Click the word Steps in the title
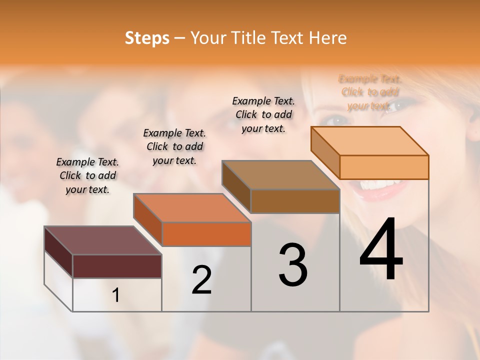(146, 38)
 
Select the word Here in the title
(328, 38)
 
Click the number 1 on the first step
(116, 295)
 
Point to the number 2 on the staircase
(201, 280)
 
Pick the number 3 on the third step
(293, 265)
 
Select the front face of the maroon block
(117, 266)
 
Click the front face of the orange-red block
(206, 234)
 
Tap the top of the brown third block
(280, 175)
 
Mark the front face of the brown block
(295, 201)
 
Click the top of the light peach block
(369, 140)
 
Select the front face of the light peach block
(384, 167)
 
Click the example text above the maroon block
(87, 175)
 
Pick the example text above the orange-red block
(174, 146)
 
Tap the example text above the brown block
(263, 114)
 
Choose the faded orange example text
(370, 92)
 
